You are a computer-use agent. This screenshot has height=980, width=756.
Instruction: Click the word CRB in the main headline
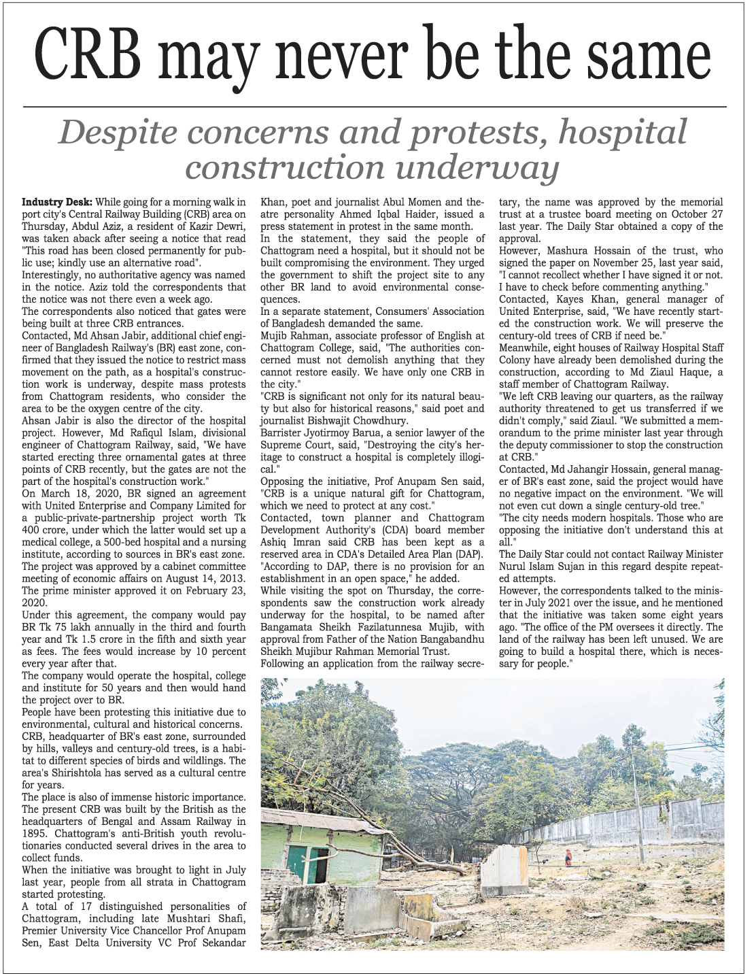pyautogui.click(x=88, y=56)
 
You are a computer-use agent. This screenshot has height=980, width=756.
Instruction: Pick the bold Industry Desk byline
pyautogui.click(x=57, y=202)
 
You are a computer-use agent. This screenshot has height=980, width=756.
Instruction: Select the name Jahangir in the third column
pyautogui.click(x=584, y=469)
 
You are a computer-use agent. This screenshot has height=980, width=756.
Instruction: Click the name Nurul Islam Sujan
pyautogui.click(x=550, y=567)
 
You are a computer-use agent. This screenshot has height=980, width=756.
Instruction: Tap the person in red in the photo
pyautogui.click(x=568, y=858)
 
